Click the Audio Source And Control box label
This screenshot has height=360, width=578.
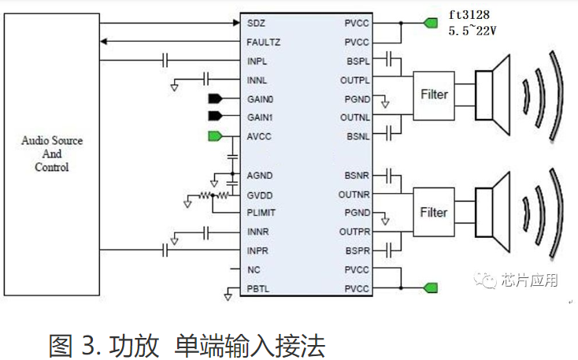(x=52, y=154)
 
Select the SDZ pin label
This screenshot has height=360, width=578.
(x=255, y=22)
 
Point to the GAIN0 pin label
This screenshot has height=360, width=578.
(x=260, y=99)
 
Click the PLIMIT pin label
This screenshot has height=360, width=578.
(x=261, y=212)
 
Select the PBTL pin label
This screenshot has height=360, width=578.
(x=258, y=289)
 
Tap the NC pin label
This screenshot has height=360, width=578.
(x=253, y=269)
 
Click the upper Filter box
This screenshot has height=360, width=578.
(x=434, y=95)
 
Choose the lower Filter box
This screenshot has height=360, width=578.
(x=434, y=213)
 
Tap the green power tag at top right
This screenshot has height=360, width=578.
(x=430, y=23)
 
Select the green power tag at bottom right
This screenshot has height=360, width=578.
(x=430, y=288)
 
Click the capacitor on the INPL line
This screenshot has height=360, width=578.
(x=166, y=60)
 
